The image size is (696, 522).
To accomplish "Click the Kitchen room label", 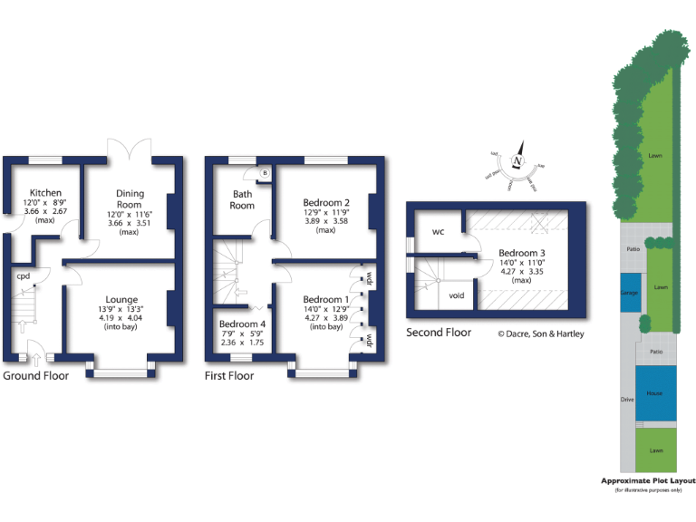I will click(x=45, y=193).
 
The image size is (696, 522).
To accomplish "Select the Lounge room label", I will click(x=121, y=300).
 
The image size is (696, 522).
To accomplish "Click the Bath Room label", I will click(x=243, y=199).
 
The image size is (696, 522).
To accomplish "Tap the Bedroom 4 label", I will click(x=242, y=324).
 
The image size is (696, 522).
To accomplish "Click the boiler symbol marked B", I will click(x=265, y=172).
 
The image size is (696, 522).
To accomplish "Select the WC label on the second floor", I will click(x=438, y=232).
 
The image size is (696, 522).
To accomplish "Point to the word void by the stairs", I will click(x=458, y=295).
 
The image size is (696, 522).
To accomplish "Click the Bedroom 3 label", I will click(x=521, y=253).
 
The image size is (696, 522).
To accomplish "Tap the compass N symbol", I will click(x=517, y=162).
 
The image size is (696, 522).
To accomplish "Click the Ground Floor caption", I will click(x=36, y=375).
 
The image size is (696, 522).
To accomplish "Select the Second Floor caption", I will click(x=439, y=333).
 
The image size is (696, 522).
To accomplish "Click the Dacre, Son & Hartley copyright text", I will click(x=541, y=333).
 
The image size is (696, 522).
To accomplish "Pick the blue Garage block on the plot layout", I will click(x=629, y=293).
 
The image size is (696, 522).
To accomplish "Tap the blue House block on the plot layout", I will click(x=654, y=393).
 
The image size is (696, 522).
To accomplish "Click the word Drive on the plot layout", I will click(x=626, y=399).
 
